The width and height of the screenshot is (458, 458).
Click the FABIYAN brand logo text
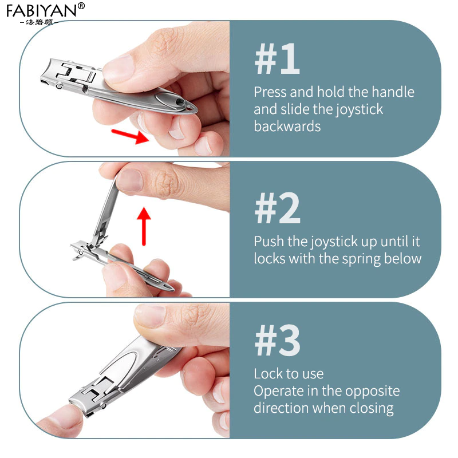(41, 10)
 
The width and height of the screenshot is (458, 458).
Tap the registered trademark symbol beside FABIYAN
(81, 6)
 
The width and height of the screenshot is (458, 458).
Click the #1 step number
(277, 59)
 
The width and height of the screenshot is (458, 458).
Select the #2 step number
(278, 208)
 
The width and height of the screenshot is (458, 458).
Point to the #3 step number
(278, 340)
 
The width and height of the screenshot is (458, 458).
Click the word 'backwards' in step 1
(287, 126)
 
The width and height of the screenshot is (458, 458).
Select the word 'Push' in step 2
(269, 241)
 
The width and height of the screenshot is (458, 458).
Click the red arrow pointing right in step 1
(131, 136)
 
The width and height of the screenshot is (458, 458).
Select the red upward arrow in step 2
(144, 226)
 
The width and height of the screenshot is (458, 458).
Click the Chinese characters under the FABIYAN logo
(40, 22)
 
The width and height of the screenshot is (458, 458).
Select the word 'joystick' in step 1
(359, 110)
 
